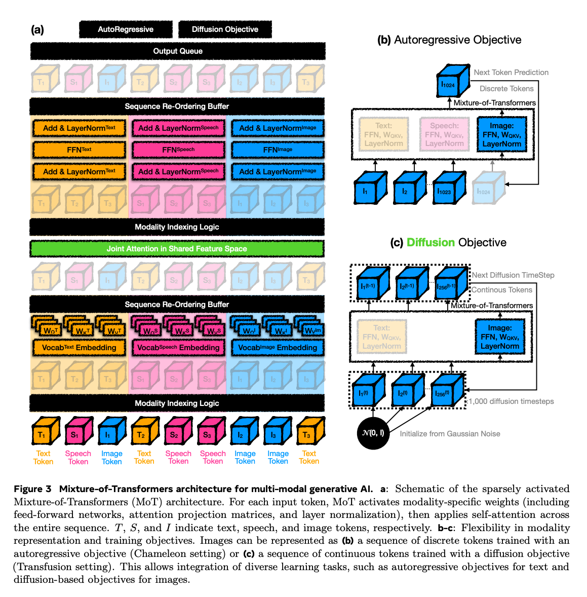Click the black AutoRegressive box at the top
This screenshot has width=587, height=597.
(126, 29)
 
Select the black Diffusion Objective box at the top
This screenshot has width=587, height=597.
(225, 29)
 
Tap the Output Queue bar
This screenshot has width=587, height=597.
(178, 51)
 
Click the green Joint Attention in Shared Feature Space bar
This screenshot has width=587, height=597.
(177, 249)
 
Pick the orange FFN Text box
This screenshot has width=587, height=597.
(79, 150)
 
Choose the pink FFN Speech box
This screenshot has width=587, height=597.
(178, 150)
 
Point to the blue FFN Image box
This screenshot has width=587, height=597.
(278, 150)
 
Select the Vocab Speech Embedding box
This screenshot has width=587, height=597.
(178, 348)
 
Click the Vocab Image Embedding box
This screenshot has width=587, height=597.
(278, 348)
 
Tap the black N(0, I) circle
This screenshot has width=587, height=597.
(373, 433)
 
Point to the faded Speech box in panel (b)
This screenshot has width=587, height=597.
(444, 134)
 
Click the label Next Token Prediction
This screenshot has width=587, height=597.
(511, 72)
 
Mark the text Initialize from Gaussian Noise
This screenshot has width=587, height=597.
(450, 434)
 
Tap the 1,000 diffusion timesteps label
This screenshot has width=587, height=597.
(511, 401)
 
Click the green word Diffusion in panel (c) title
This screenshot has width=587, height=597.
(431, 243)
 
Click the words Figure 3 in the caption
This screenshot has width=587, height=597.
(32, 489)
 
